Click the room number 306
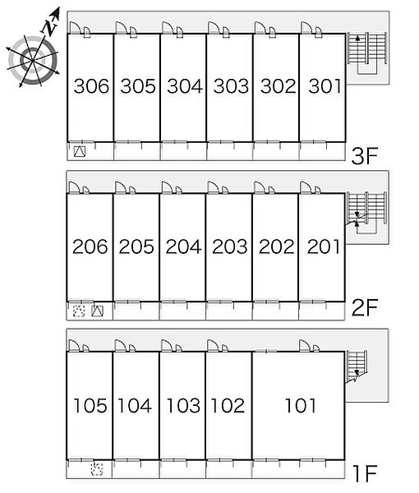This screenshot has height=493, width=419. (x=91, y=86)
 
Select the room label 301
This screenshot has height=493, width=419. (x=325, y=86)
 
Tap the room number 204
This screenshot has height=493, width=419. (x=183, y=246)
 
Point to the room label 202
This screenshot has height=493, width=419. (x=276, y=246)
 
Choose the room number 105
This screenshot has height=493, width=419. (x=90, y=405)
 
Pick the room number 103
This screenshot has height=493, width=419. (x=183, y=405)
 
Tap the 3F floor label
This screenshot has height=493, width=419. (x=364, y=156)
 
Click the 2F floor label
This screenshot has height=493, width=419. (x=364, y=307)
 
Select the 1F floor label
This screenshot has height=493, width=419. (x=365, y=473)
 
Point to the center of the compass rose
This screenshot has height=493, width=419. (x=33, y=60)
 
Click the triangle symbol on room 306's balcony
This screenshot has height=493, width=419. (x=79, y=152)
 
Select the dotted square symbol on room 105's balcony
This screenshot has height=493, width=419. (x=97, y=469)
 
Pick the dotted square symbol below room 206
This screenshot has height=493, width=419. (x=79, y=311)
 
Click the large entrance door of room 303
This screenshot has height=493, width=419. (x=214, y=27)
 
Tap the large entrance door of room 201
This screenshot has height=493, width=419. (x=306, y=187)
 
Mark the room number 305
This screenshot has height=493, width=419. (x=138, y=86)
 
